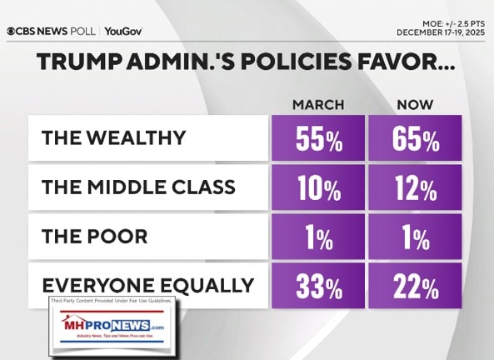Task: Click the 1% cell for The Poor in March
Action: tap(317, 236)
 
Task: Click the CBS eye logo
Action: tap(12, 32)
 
